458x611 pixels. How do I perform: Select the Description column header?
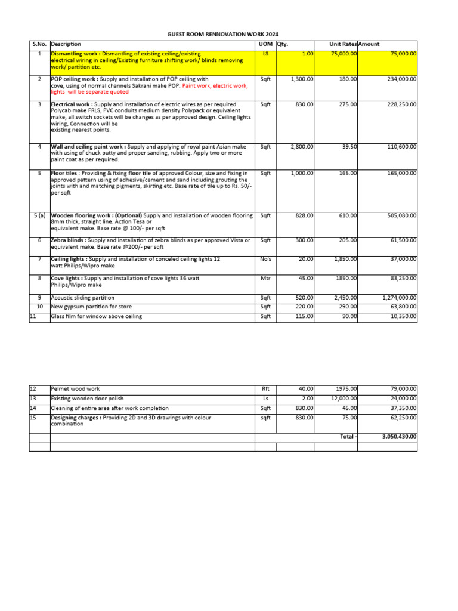[66, 44]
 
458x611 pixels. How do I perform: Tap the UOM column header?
[263, 44]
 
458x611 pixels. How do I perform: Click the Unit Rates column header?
[343, 44]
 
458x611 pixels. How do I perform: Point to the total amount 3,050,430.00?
[399, 437]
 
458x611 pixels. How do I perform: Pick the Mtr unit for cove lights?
[265, 278]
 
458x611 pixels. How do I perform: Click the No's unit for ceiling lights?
[265, 259]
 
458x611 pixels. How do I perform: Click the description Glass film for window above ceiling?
[97, 316]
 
